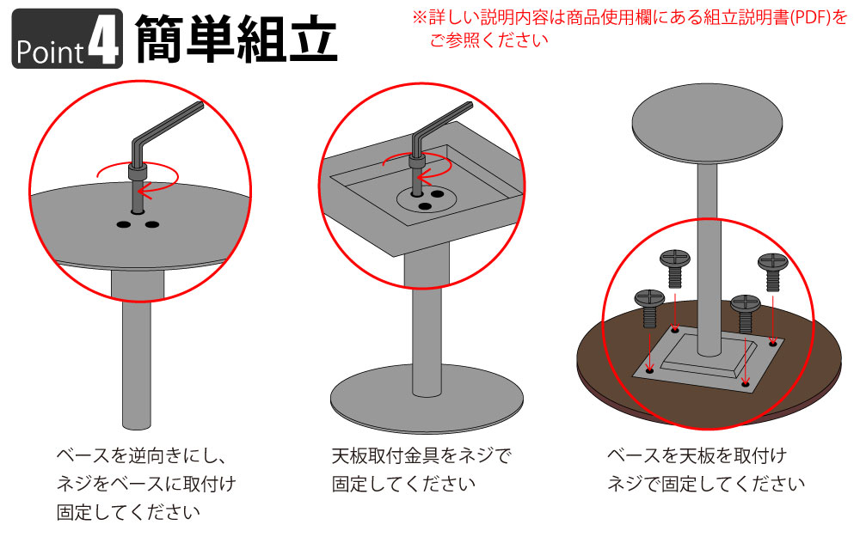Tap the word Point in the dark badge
click(50, 52)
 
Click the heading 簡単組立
click(236, 39)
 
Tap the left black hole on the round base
click(123, 224)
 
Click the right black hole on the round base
click(152, 224)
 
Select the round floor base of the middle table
click(427, 399)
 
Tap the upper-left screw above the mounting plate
click(674, 267)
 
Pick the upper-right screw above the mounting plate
click(773, 272)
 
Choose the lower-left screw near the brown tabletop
click(649, 308)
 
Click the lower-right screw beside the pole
click(746, 314)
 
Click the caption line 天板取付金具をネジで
click(421, 456)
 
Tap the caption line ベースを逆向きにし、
click(141, 456)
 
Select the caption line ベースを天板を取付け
click(697, 456)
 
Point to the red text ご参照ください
click(488, 40)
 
